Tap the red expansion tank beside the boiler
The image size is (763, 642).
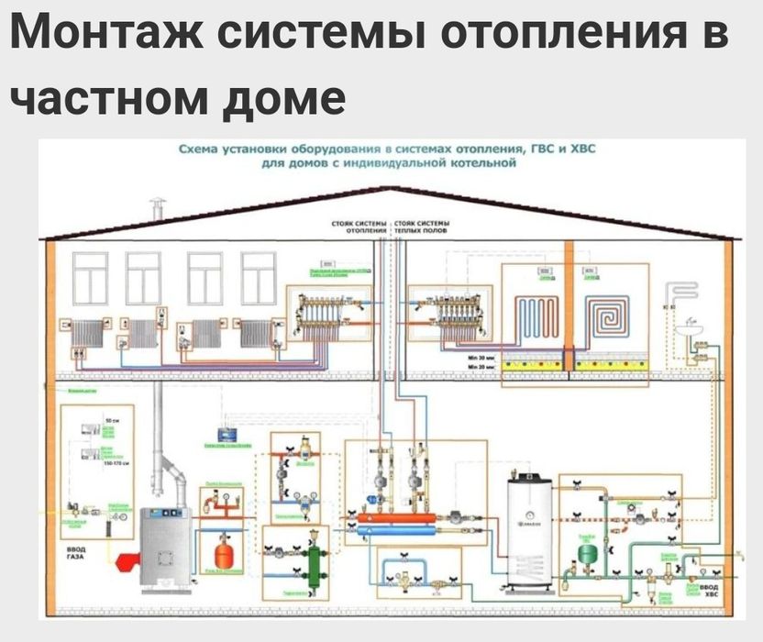[x=222, y=555]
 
